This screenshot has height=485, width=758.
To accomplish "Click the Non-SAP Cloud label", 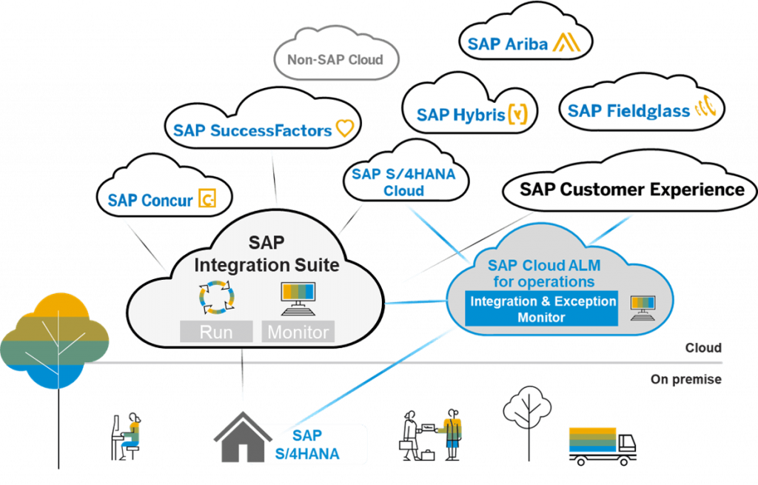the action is coord(335,59).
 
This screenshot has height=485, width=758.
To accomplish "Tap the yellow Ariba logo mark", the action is coord(566,42).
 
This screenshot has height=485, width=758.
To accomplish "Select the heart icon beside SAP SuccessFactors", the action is coord(345,128).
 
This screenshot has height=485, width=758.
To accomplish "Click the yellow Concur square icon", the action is coord(207,198).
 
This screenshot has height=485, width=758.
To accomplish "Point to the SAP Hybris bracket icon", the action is coord(517,114).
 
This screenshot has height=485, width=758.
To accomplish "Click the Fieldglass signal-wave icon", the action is coord(705,107).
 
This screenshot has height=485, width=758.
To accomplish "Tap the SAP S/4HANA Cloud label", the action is coord(403,182).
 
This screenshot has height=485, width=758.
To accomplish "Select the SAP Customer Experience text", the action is coord(632,189).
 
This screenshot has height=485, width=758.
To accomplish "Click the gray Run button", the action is coord(216,332).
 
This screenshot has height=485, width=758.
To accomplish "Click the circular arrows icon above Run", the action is coord(217,298).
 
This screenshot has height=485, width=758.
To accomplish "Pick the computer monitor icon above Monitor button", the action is coord(298,298).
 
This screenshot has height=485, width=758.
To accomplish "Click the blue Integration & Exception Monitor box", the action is coord(541,309).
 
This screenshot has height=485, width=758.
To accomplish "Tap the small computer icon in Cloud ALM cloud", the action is coord(643,308).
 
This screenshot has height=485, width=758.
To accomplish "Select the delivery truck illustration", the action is coord(603,446).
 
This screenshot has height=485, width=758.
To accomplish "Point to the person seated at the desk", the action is coord(127,437).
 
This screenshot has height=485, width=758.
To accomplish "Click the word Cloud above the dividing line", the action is coord(703,348).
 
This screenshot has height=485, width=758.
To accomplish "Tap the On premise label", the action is coord(686,379).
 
